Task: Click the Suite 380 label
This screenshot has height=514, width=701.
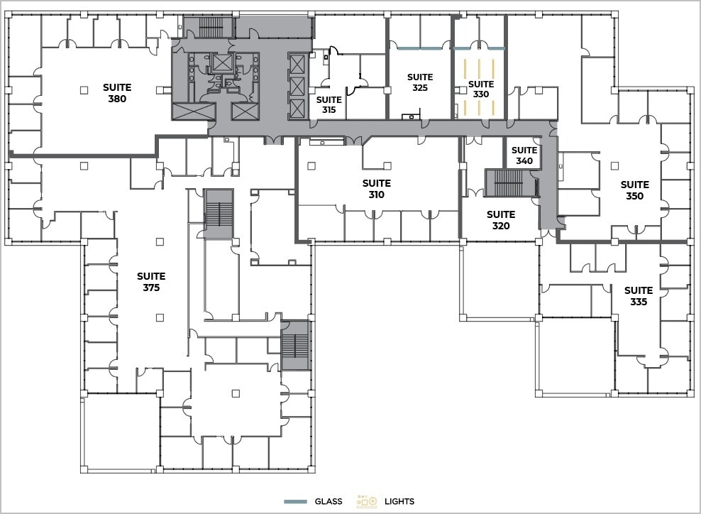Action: [117, 93]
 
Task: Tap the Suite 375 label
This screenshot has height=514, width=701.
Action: [151, 282]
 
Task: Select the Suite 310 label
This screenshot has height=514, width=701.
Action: [376, 189]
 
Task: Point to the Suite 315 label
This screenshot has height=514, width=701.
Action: [329, 105]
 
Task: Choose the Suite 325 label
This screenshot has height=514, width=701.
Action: [419, 82]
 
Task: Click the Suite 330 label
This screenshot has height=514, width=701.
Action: [480, 89]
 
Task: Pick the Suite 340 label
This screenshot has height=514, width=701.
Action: [524, 155]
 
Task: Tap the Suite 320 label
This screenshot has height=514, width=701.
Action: [500, 220]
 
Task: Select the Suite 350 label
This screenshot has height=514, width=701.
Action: [634, 190]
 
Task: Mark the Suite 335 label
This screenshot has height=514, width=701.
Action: [638, 296]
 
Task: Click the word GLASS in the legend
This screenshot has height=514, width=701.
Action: [329, 501]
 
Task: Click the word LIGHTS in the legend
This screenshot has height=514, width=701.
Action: [399, 501]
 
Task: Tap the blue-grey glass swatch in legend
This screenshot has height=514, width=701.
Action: [294, 501]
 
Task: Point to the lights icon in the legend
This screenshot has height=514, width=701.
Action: [367, 501]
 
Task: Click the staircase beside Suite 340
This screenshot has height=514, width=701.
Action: [507, 183]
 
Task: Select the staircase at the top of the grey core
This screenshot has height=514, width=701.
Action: [211, 27]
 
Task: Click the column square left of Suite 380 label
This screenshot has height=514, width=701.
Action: [84, 89]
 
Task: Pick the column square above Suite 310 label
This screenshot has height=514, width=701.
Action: [377, 165]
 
